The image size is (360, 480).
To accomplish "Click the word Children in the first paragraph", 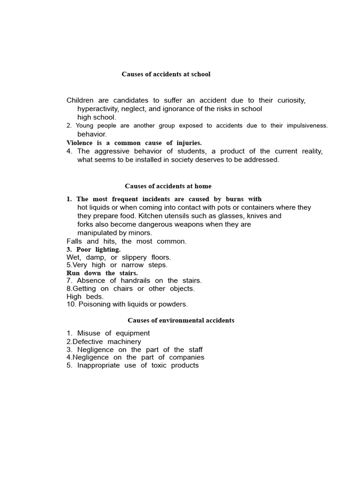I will (80, 100).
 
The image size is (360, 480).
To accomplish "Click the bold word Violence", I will (80, 142).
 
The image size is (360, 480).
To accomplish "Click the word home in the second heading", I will (203, 186).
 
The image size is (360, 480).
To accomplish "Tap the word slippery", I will (134, 257).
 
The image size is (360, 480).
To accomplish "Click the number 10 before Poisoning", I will (70, 304).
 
